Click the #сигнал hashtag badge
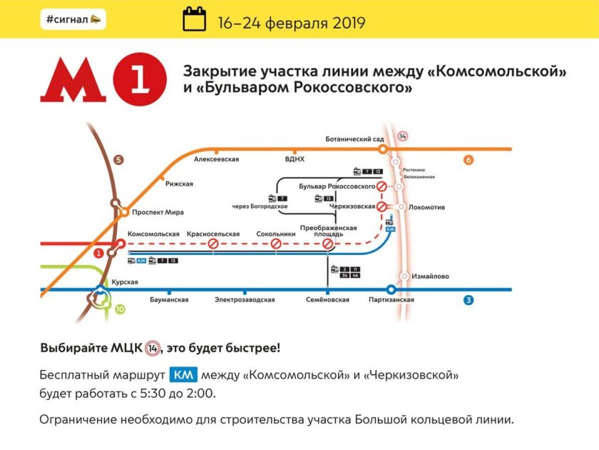(x=73, y=19)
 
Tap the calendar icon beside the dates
(x=194, y=19)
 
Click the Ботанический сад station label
(x=354, y=139)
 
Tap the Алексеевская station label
(x=216, y=159)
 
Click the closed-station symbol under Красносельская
(x=213, y=244)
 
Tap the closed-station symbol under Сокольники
(x=275, y=244)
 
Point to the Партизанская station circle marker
(x=390, y=290)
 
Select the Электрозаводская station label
(x=245, y=300)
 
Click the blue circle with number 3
(x=469, y=300)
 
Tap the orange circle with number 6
(x=469, y=160)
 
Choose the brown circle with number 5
(x=118, y=160)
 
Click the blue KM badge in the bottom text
(x=183, y=375)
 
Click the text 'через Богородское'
(x=260, y=207)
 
